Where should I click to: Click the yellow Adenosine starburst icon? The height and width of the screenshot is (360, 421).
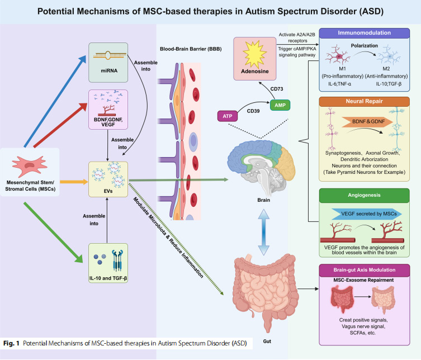coord(254,54)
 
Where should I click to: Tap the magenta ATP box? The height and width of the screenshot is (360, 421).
coord(227,116)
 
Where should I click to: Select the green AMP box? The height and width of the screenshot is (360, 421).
coord(280,105)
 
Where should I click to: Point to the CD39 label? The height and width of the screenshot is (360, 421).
coord(253,111)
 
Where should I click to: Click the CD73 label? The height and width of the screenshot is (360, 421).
coord(277,89)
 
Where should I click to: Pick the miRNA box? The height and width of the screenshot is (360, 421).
coord(108,63)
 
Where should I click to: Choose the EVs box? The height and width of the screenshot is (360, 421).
coord(108,179)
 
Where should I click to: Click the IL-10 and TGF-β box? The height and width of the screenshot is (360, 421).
coord(108,263)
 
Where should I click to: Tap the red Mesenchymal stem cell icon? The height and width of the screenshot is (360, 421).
coord(30,165)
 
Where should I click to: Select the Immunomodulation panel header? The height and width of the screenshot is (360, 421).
coord(364,33)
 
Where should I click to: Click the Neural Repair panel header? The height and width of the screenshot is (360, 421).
coord(364,102)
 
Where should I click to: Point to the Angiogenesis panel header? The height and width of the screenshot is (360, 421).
coord(364,196)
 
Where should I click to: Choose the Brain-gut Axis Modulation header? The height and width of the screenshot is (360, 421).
coord(364,270)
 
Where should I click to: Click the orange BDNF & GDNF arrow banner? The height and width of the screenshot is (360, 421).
coord(367,122)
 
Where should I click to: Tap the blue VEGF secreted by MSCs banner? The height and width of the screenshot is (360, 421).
coord(367,214)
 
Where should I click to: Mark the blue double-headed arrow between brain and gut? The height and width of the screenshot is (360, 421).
coord(264,232)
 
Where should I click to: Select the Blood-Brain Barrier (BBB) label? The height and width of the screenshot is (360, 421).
coord(191,49)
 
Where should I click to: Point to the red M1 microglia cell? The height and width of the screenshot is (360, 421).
coord(338,54)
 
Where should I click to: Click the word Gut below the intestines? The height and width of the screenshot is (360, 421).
coord(267,341)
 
